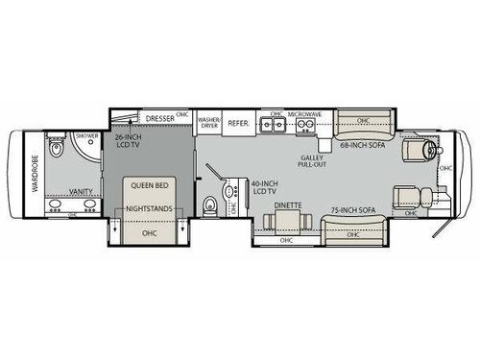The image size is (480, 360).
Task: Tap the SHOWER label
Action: click(87, 135)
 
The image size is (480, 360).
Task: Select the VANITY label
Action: click(82, 191)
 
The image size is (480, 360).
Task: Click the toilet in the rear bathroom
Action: click(59, 151)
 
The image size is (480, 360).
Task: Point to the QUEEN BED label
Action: click(148, 188)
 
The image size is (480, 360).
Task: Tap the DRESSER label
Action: click(160, 119)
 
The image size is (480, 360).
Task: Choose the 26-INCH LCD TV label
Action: click(128, 143)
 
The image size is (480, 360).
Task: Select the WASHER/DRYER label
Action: click(209, 124)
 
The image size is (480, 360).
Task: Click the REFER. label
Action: click(239, 123)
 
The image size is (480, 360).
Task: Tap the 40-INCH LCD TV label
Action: click(263, 187)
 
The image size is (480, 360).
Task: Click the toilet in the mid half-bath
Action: click(210, 204)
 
